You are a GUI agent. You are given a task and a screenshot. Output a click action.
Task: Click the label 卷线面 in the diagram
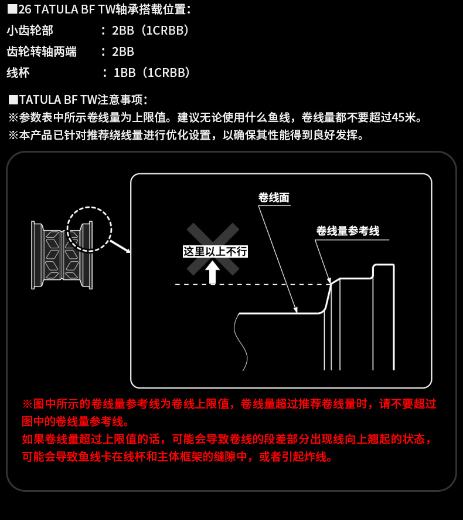coord(274,198)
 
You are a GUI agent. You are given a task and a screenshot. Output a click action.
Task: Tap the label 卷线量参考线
coord(348,231)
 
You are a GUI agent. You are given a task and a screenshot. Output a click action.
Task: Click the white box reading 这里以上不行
coord(215,251)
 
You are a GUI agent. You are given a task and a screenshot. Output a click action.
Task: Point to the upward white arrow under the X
coord(212,272)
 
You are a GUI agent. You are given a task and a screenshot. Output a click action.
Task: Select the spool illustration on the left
coord(62,255)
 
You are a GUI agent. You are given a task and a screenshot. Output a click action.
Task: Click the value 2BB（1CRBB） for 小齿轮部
coord(150,31)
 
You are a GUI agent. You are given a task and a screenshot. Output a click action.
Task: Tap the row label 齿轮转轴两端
coord(42,52)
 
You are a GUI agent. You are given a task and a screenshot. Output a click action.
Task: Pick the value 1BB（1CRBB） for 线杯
coord(151,73)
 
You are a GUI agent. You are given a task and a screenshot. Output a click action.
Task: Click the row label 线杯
coord(18,73)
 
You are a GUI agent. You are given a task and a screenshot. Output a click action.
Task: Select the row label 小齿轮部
coord(30,31)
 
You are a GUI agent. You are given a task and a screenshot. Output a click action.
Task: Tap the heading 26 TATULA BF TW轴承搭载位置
coord(105,9)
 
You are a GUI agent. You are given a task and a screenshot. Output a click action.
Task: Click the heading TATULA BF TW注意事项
coord(83,100)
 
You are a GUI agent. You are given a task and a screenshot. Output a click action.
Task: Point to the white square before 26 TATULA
coord(12,9)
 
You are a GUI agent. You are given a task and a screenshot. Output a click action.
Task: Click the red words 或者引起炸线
coord(295,457)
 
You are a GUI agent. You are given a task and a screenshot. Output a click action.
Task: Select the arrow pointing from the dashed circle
coord(120,247)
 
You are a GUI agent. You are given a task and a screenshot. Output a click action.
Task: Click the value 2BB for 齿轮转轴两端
coord(123,52)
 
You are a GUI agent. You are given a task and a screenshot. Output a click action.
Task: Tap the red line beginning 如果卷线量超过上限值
coord(227,439)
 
